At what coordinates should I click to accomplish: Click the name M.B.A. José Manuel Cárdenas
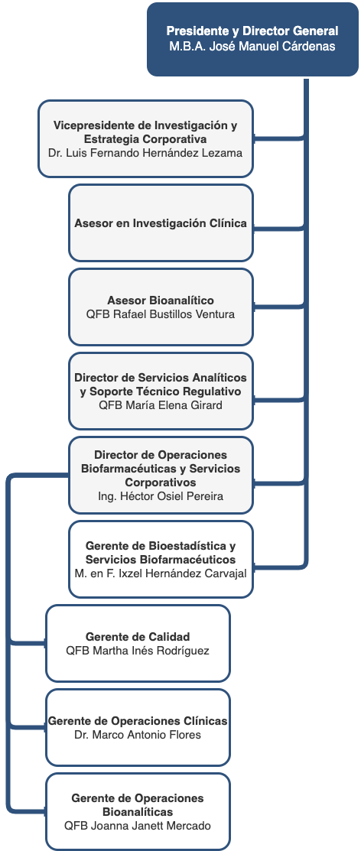pos(252,46)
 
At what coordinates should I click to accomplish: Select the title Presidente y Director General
pos(252,31)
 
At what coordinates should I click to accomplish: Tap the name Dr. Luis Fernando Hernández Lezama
pos(145,153)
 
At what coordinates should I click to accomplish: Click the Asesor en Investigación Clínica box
pos(161,223)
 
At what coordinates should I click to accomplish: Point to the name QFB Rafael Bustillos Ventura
pos(161,313)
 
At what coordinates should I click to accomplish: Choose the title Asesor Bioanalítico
pos(161,300)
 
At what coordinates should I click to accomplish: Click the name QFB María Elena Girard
pos(161,405)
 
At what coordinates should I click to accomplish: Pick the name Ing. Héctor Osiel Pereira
pos(161,496)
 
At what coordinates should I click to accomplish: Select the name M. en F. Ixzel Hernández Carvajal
pos(161,573)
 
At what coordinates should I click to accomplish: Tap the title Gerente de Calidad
pos(138,637)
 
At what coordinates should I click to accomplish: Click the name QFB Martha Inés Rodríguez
pos(138,650)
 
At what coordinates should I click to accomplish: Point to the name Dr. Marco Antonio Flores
pos(138,735)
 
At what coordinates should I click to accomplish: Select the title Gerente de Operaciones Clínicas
pos(138,721)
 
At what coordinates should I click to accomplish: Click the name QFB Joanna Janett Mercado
pos(138,826)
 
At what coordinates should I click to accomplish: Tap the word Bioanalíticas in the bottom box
pos(138,812)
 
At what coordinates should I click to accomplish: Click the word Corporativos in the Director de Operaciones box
pos(161,482)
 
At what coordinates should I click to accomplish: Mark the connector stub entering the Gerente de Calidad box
pos(27,643)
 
